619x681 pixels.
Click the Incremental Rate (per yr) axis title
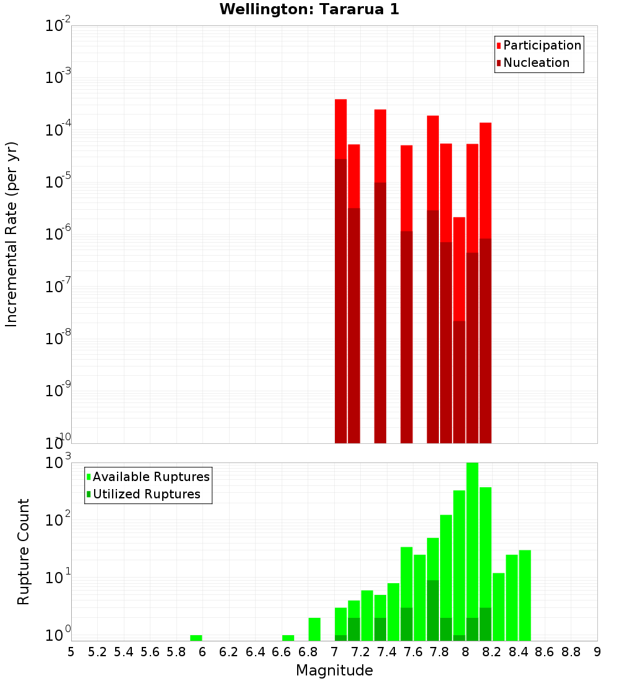click(12, 234)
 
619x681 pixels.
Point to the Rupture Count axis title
click(24, 551)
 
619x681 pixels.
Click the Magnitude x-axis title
click(334, 670)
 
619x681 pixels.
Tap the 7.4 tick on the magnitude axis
click(387, 652)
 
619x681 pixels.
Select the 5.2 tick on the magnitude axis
click(97, 652)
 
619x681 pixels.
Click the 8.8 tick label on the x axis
click(571, 652)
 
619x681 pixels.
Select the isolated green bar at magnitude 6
click(196, 638)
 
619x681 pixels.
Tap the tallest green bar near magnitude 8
click(472, 551)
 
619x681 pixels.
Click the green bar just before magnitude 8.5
click(525, 594)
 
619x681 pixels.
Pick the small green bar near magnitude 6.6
click(288, 638)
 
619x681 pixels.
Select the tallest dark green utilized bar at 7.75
click(433, 610)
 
